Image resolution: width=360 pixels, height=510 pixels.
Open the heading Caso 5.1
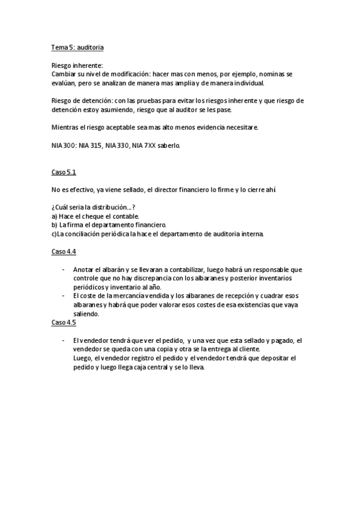tap(64, 172)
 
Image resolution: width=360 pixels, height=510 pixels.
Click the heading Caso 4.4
tap(64, 251)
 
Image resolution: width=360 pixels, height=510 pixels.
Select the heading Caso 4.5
tap(64, 322)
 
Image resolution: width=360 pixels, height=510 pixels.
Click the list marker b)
tap(55, 225)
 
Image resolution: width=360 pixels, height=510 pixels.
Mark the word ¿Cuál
tap(62, 207)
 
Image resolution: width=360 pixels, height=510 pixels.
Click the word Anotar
tap(84, 269)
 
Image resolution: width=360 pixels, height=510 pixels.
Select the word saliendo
tap(85, 313)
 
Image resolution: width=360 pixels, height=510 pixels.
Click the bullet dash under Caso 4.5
tap(64, 340)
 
